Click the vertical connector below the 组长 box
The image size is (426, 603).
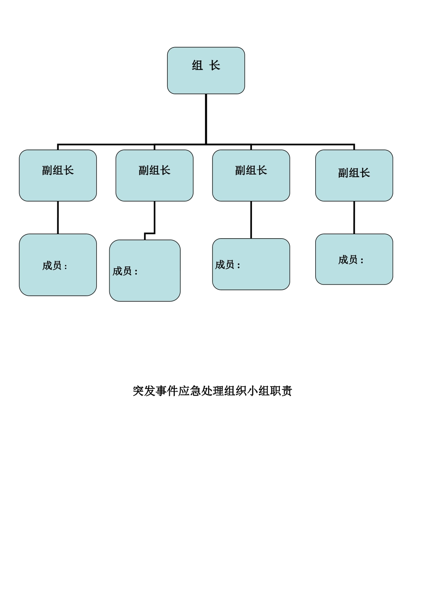coord(206,119)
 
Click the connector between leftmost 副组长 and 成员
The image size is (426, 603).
coord(58,218)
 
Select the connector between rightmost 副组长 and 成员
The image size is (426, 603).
coord(354,218)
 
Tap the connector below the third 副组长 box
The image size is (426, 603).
coord(251,220)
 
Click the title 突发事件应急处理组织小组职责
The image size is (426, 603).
coord(212,391)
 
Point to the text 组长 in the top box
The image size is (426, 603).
coord(206,66)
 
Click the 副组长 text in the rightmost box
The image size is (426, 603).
coord(354,173)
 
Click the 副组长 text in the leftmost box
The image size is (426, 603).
coord(58,170)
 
